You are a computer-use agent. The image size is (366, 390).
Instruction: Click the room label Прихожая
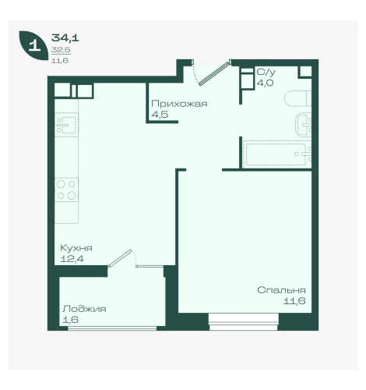[179, 104]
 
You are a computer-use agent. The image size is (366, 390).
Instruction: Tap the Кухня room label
[76, 248]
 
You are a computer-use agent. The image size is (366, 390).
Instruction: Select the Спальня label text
[281, 290]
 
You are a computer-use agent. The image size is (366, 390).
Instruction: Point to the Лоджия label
[84, 309]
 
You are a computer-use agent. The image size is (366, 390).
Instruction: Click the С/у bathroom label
[266, 72]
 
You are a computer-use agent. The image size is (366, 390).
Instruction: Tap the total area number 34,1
[65, 38]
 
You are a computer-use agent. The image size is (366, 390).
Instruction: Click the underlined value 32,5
[61, 50]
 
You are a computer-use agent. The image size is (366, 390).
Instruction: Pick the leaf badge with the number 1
[33, 46]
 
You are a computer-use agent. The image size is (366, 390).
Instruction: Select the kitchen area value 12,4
[72, 259]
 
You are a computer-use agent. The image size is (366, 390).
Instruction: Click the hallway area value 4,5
[160, 115]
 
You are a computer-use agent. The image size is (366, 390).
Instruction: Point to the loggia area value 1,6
[70, 320]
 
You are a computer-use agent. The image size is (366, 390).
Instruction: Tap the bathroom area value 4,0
[265, 83]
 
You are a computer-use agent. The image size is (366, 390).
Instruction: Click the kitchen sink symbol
[66, 125]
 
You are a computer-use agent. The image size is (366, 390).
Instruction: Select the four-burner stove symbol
[66, 190]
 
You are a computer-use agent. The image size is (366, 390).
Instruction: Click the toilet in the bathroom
[297, 98]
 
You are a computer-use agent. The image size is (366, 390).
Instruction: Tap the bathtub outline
[277, 154]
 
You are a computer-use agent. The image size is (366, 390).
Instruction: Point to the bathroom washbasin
[304, 125]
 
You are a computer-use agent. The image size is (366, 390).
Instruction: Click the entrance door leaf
[215, 73]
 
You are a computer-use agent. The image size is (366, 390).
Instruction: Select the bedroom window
[244, 321]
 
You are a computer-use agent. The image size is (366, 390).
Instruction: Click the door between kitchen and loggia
[121, 258]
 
